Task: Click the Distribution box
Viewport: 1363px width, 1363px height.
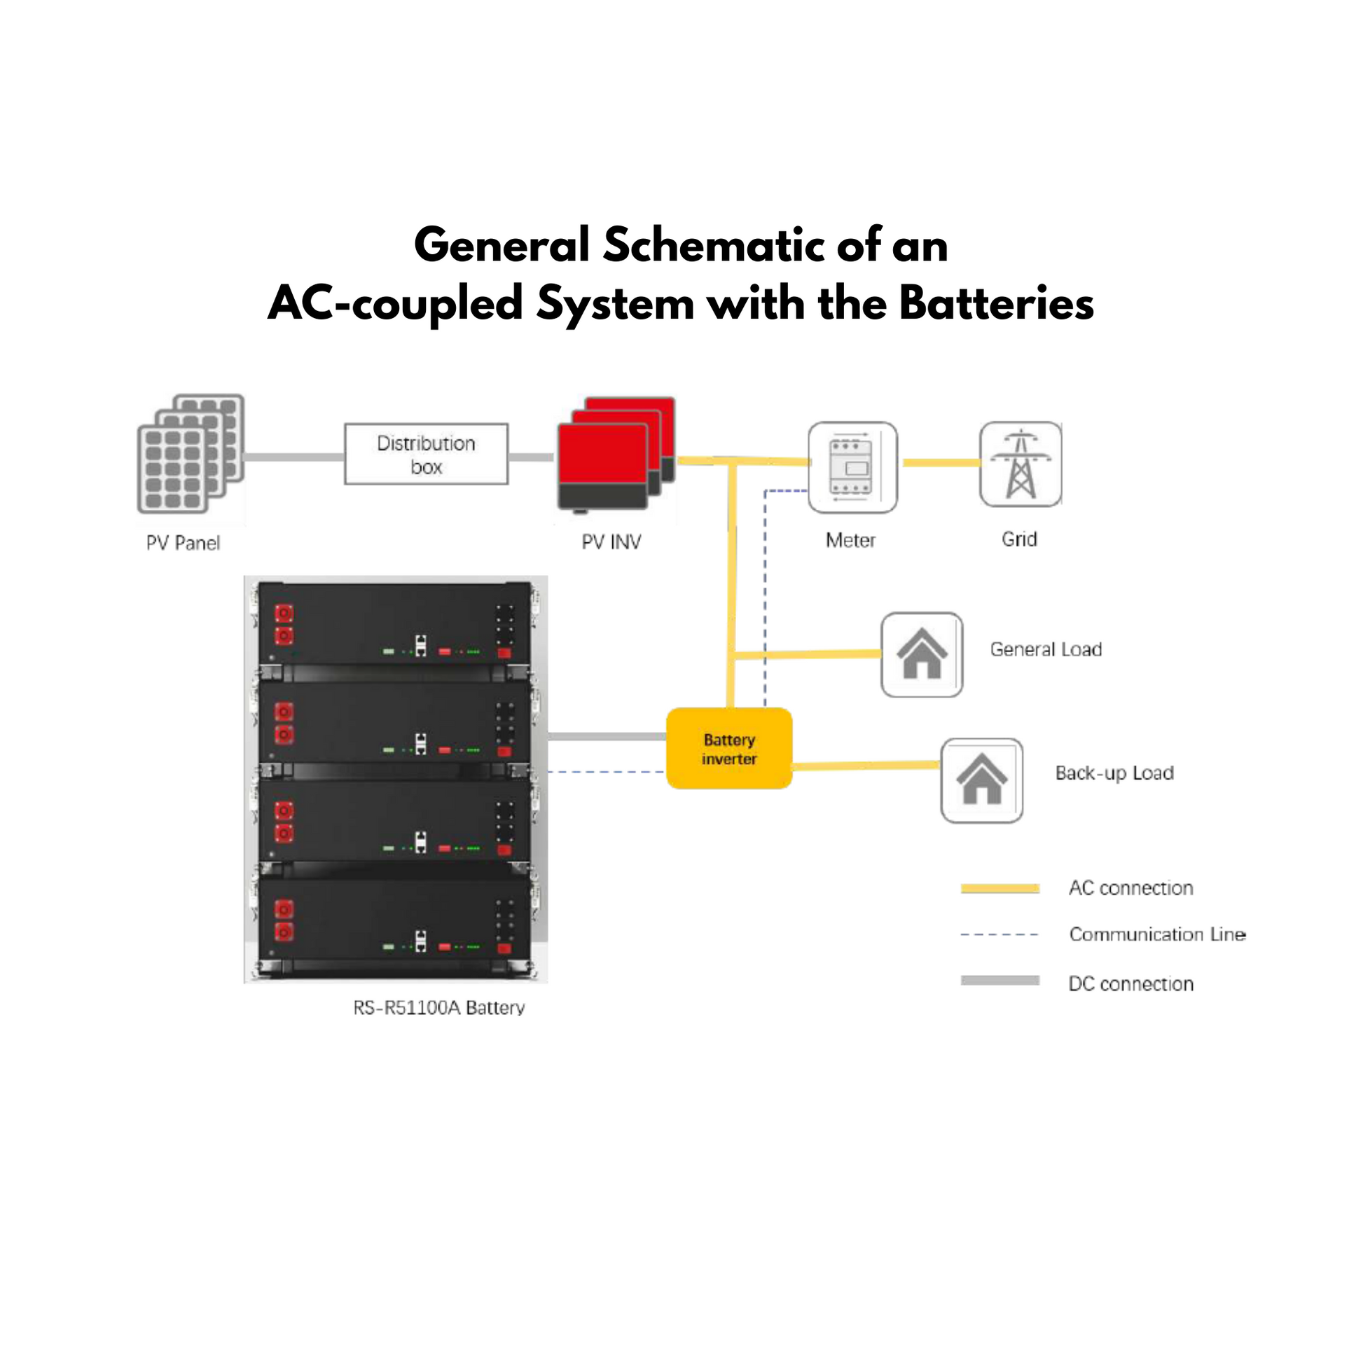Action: [425, 454]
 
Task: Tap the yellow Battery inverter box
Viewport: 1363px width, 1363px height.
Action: [728, 748]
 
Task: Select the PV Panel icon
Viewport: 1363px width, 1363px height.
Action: [191, 453]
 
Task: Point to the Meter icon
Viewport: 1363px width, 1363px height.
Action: [852, 467]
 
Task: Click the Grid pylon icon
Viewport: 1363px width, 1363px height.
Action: [1020, 464]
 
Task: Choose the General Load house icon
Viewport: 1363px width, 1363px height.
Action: [921, 654]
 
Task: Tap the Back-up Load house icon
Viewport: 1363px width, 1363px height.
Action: [981, 780]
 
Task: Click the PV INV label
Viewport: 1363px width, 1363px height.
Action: [611, 542]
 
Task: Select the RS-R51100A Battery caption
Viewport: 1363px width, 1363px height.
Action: [439, 1007]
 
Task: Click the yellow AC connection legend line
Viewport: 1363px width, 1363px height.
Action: [999, 888]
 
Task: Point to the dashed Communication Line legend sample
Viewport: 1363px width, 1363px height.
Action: [999, 934]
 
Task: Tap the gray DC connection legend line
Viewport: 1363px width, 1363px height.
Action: [999, 980]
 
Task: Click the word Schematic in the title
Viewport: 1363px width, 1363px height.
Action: [714, 247]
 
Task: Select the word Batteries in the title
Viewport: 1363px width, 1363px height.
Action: [996, 304]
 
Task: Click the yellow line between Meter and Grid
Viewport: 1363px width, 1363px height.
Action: [941, 463]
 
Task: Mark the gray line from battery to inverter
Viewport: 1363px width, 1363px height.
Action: [607, 737]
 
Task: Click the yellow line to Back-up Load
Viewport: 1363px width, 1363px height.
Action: [866, 766]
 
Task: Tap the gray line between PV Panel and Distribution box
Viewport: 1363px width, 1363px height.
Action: [293, 457]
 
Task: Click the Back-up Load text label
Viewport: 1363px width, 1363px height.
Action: [1114, 773]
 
